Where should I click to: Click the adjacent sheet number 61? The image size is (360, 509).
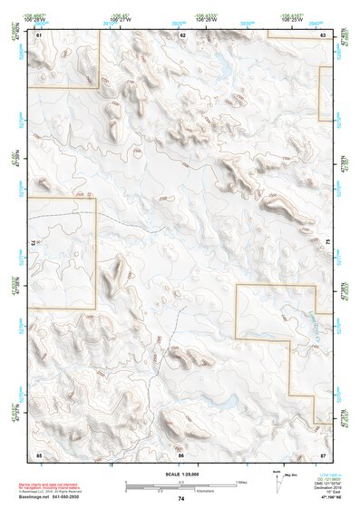[x=39, y=34]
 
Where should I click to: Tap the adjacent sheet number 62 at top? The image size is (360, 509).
[x=182, y=34]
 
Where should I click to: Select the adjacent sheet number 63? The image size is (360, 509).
[x=324, y=34]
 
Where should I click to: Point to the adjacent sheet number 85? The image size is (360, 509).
[x=39, y=453]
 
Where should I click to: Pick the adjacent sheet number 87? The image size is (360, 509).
[x=324, y=453]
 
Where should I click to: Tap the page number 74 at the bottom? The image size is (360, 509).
[x=181, y=499]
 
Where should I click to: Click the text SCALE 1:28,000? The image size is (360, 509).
[x=181, y=473]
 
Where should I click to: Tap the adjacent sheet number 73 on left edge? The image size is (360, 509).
[x=34, y=243]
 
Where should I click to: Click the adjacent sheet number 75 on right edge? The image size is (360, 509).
[x=329, y=243]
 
